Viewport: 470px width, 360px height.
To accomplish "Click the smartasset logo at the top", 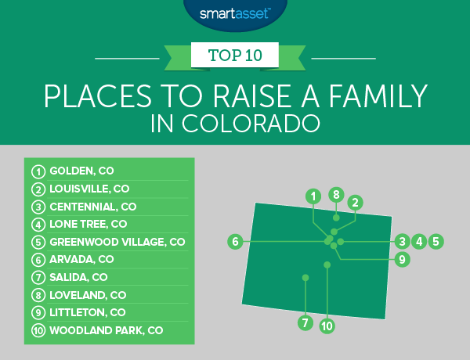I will pyautogui.click(x=234, y=13).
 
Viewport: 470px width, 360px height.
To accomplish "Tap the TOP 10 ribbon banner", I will pyautogui.click(x=234, y=56).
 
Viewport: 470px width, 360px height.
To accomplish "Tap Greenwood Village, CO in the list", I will pyautogui.click(x=117, y=242).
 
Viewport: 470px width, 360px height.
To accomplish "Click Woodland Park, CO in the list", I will pyautogui.click(x=106, y=330).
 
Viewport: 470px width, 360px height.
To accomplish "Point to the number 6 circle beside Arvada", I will pyautogui.click(x=37, y=259).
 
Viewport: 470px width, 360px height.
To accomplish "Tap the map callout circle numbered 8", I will pyautogui.click(x=336, y=195).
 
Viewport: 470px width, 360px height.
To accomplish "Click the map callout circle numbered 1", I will pyautogui.click(x=313, y=195).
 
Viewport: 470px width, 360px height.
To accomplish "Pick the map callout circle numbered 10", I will pyautogui.click(x=327, y=326).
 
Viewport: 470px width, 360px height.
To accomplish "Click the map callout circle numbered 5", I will pyautogui.click(x=436, y=242).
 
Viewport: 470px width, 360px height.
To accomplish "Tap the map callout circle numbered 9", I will pyautogui.click(x=401, y=259).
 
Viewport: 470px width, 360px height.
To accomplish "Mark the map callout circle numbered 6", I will pyautogui.click(x=234, y=243).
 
